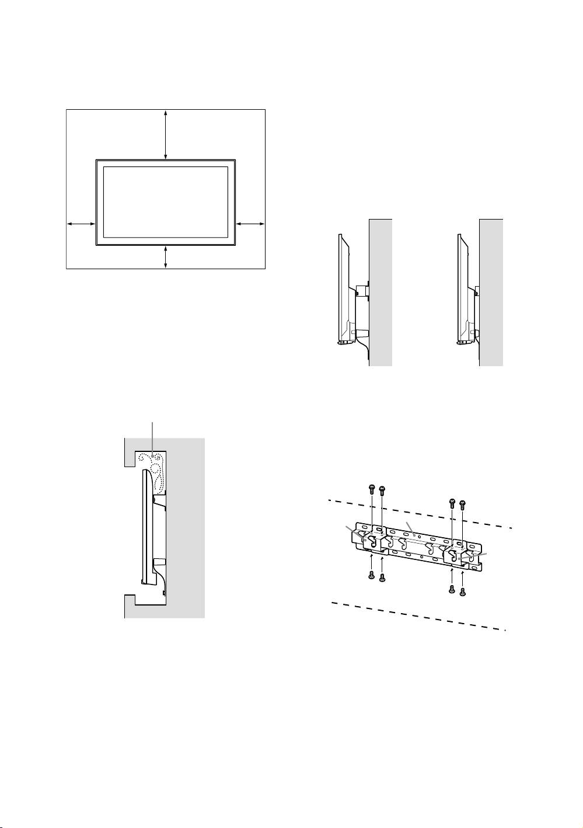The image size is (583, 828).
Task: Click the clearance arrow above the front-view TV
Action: pyautogui.click(x=166, y=134)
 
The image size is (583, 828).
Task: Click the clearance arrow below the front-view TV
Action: pyautogui.click(x=166, y=257)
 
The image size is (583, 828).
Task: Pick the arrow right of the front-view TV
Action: pyautogui.click(x=250, y=224)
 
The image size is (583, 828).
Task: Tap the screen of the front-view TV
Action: pyautogui.click(x=166, y=201)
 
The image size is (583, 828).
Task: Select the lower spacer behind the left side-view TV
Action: pyautogui.click(x=361, y=333)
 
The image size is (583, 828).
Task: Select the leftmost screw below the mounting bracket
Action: pyautogui.click(x=371, y=576)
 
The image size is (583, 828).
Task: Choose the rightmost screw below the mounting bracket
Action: pyautogui.click(x=463, y=592)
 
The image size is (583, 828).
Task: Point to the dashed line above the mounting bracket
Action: pyautogui.click(x=420, y=514)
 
